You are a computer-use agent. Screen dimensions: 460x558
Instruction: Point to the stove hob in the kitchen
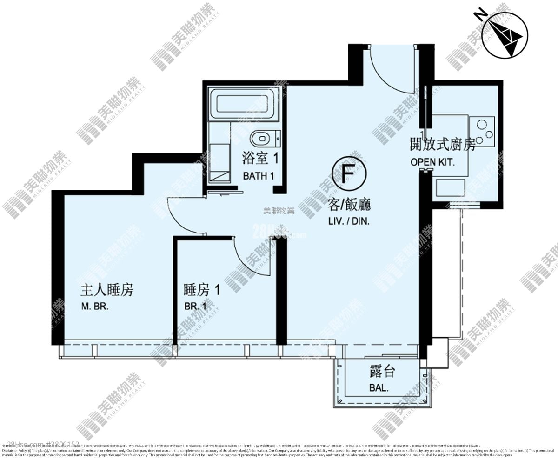coord(482,131)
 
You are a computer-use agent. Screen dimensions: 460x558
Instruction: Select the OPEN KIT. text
coord(432,162)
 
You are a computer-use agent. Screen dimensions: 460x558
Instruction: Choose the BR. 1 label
coord(195,307)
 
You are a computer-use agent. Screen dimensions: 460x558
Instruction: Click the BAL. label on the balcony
coord(379,387)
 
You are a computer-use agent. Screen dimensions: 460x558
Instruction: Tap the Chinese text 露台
coord(382,371)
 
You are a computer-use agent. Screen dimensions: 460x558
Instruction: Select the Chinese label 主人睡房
coord(107,290)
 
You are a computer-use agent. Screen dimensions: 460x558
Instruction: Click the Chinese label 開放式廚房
coord(442,145)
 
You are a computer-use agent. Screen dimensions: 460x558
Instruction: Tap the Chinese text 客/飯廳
coord(349,205)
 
